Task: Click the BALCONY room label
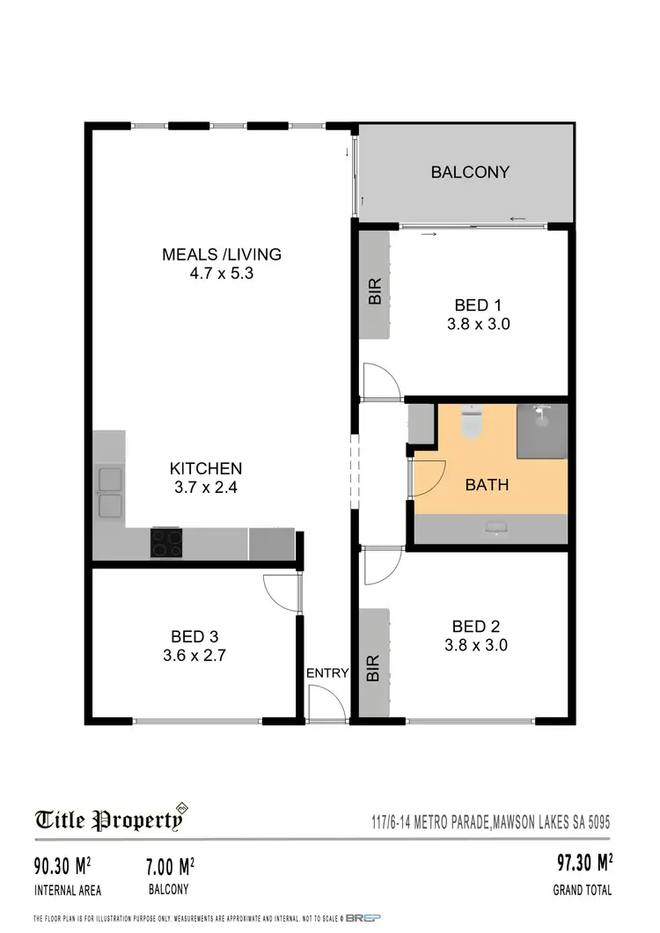pos(469,173)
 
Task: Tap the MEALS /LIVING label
pos(221,254)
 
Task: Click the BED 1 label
pos(472,305)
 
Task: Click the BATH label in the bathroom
pos(487,484)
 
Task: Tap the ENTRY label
pos(327,673)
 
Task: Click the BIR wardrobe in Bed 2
pos(374,662)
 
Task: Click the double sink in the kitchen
pos(111,492)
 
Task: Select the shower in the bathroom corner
pos(541,430)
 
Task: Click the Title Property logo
pos(111,819)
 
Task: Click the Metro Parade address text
pos(489,822)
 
